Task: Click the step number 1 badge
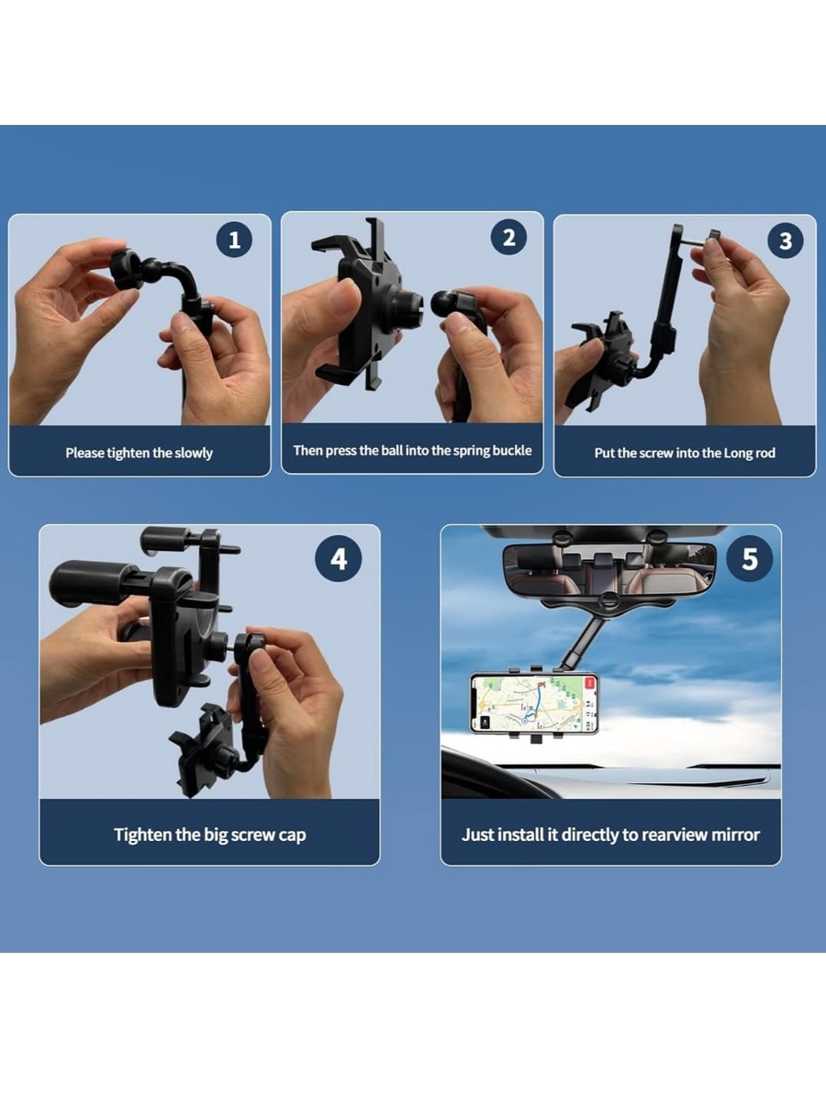[234, 240]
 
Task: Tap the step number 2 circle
[508, 237]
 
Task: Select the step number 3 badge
[786, 241]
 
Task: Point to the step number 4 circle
[339, 558]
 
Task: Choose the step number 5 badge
[750, 558]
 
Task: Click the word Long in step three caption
[739, 454]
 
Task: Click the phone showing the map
[534, 702]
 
